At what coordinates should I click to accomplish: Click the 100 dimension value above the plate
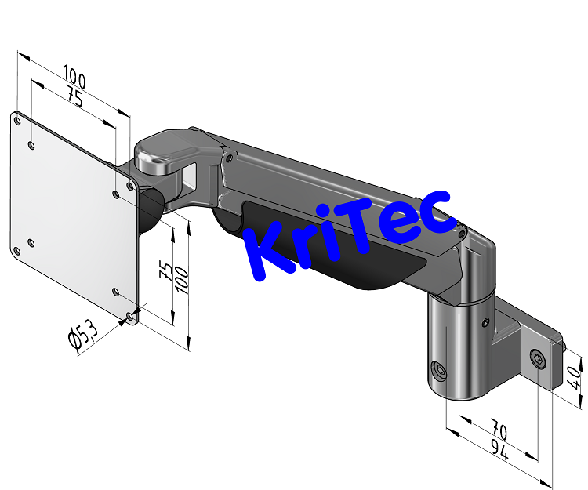pos(75,78)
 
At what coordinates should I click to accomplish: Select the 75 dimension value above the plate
pos(75,97)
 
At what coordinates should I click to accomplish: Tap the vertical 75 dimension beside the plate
pos(165,270)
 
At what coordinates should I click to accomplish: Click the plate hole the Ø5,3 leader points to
pos(129,316)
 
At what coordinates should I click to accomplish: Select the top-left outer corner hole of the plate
pos(17,120)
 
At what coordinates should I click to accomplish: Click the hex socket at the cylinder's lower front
pos(440,370)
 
